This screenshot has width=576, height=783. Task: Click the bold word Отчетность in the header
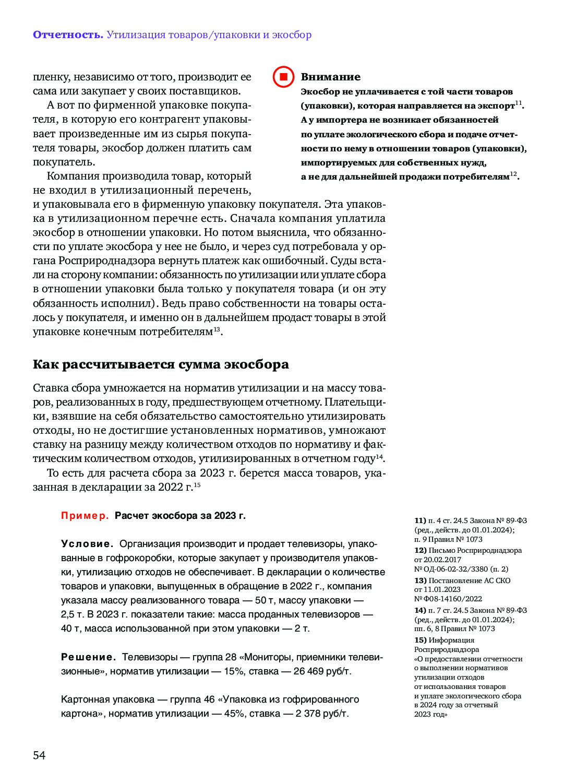pos(68,35)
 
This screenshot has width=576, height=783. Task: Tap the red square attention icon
pos(283,77)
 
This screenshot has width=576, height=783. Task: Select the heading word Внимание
pos(331,77)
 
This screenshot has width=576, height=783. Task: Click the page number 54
pos(39,755)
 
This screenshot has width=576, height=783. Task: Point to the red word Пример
pos(85,516)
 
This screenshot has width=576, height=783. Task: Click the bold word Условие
pos(87,544)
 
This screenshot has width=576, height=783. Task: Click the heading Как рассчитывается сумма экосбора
pos(161,364)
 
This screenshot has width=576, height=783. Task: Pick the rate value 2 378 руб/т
pos(322,714)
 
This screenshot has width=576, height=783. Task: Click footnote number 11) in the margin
pos(420,520)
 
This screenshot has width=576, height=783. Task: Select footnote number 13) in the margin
pos(420,580)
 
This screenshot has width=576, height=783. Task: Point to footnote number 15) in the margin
pos(420,640)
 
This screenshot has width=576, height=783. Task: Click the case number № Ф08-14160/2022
pos(448,599)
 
